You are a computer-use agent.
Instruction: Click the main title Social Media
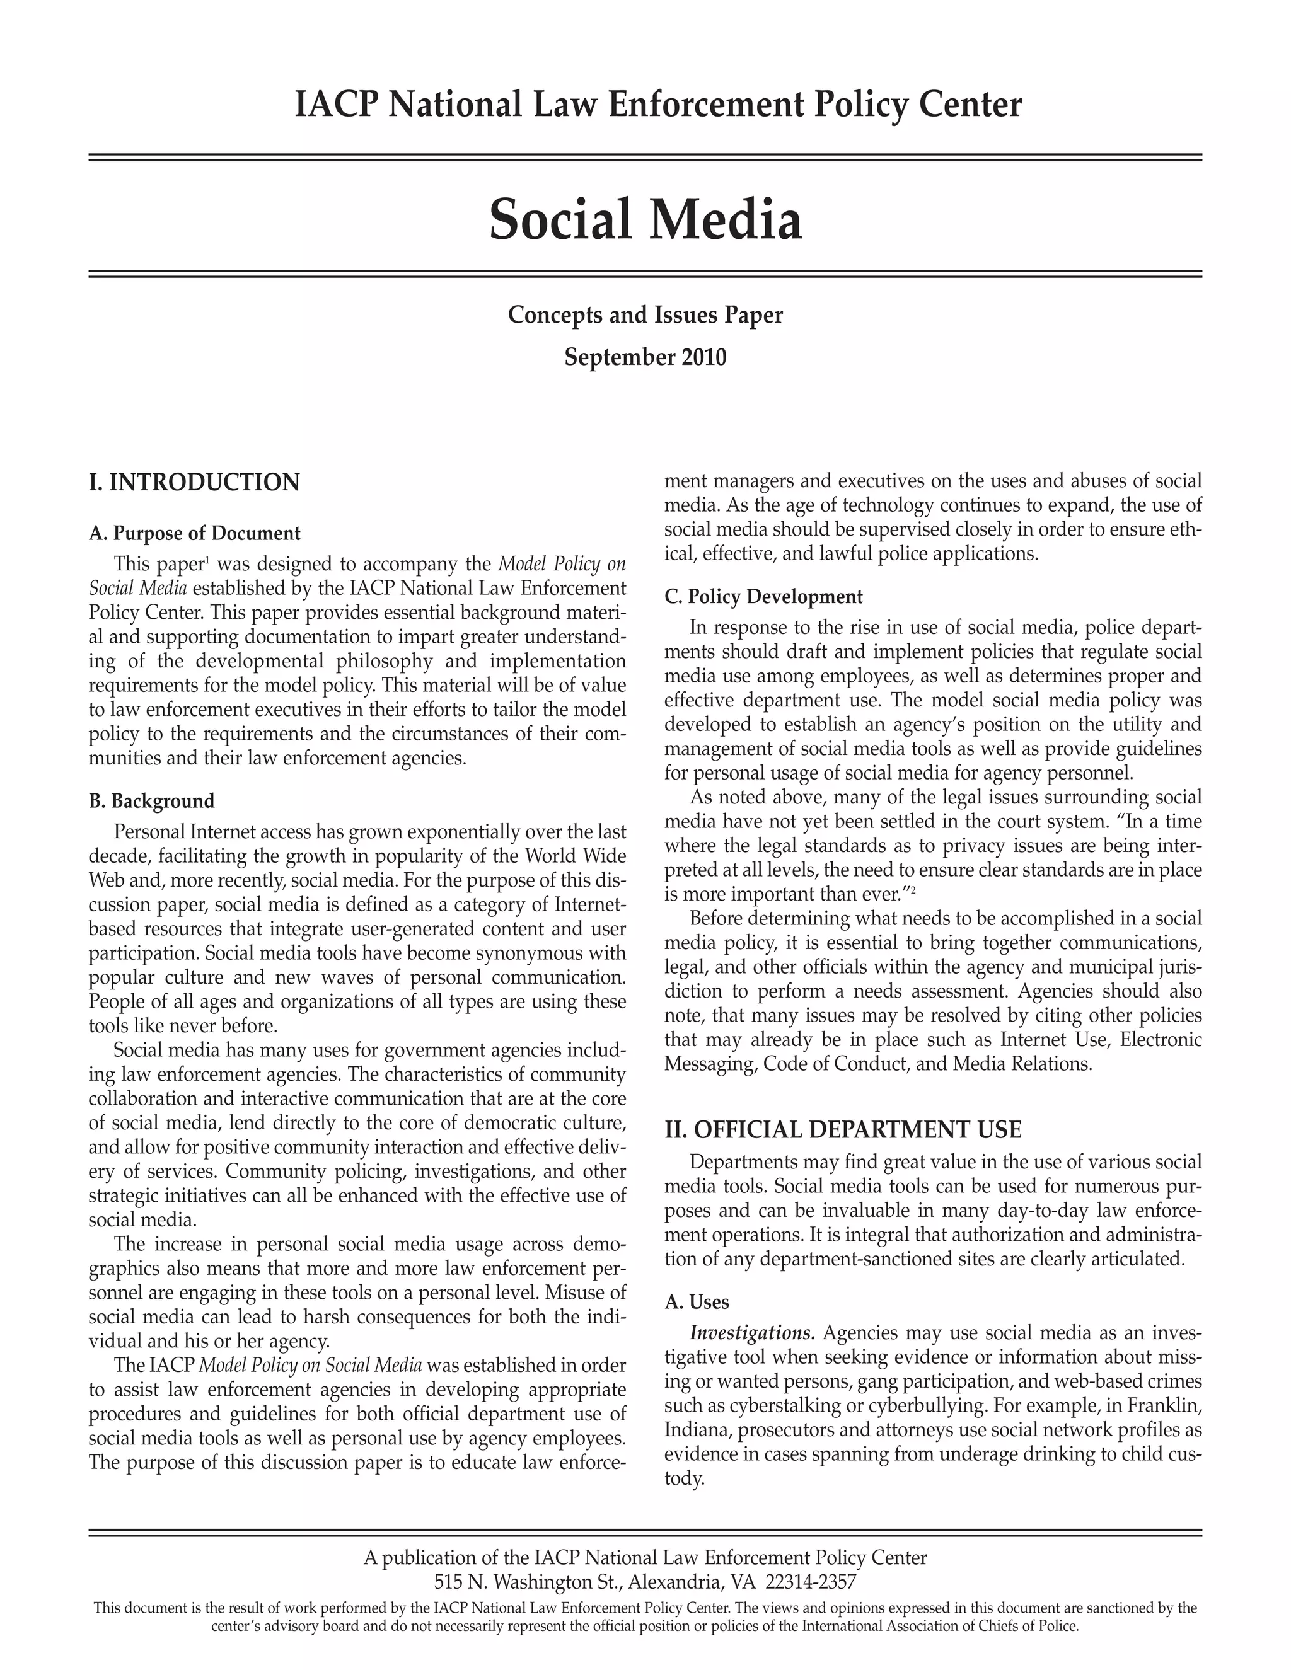[x=645, y=220]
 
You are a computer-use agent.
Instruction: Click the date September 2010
[x=645, y=357]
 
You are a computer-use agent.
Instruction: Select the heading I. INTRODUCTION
[x=194, y=483]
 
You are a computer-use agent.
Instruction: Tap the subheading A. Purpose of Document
[x=194, y=533]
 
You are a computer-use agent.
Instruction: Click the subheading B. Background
[x=151, y=802]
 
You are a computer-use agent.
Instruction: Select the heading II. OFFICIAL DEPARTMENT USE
[x=843, y=1129]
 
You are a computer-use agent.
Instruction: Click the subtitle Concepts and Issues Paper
[x=645, y=315]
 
